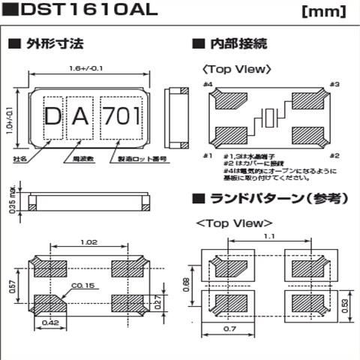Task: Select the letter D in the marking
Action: coord(53,117)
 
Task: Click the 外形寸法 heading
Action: coord(46,43)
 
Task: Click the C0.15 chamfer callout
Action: coord(83,285)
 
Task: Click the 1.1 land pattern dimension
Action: coord(269,236)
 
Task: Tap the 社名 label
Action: coord(20,160)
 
